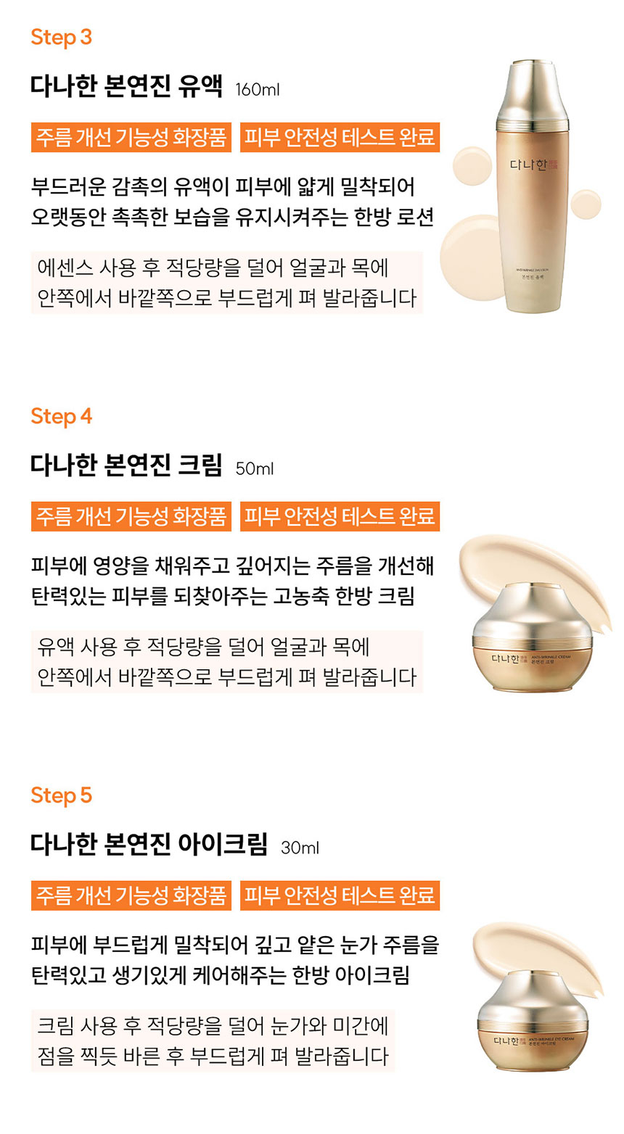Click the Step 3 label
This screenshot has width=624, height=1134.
(x=61, y=37)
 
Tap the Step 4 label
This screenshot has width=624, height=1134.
(x=61, y=416)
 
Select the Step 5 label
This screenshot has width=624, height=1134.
(x=61, y=795)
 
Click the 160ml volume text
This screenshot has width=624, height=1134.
(x=257, y=90)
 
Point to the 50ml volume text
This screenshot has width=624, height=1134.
(x=254, y=469)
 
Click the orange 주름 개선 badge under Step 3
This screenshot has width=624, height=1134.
(x=131, y=137)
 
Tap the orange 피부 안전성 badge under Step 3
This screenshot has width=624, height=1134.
(x=340, y=137)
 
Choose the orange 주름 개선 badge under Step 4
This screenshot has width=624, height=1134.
(x=131, y=516)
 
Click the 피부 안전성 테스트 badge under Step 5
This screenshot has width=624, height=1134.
(x=340, y=895)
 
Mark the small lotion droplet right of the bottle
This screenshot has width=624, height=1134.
(x=585, y=204)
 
